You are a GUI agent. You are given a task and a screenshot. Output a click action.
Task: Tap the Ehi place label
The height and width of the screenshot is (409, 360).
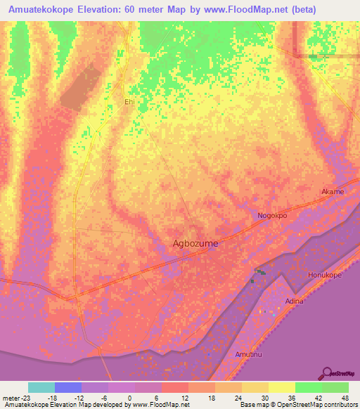129,102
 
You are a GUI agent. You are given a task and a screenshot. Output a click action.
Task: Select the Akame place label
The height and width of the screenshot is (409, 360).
333,192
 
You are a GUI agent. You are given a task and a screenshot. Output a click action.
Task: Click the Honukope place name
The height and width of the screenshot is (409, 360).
325,275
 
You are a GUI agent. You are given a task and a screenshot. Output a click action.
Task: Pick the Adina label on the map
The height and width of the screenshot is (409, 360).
294,301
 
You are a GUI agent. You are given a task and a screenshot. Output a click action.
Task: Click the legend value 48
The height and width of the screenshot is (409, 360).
344,398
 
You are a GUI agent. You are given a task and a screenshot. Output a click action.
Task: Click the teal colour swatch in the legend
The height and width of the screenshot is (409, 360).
41,387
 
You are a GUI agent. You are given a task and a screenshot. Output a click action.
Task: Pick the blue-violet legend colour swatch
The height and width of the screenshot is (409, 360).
68,387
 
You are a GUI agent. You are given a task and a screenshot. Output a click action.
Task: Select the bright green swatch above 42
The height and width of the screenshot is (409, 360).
308,387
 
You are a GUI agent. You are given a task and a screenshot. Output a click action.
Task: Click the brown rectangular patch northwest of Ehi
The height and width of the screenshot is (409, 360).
79,86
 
